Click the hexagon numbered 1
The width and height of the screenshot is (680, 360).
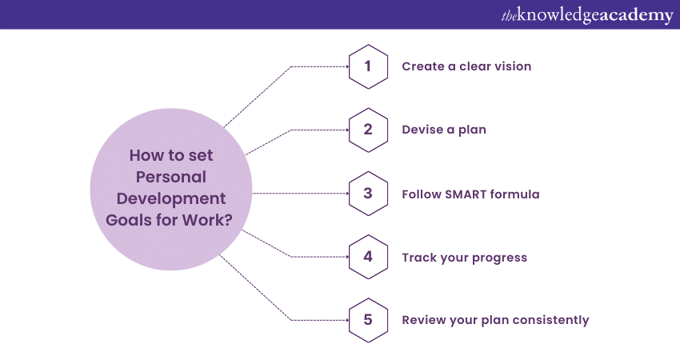(368, 66)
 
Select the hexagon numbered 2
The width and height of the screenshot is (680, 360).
(368, 130)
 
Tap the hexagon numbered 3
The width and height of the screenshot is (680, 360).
(368, 194)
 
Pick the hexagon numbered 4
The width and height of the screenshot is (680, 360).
(368, 257)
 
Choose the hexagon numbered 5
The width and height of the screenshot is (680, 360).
(368, 320)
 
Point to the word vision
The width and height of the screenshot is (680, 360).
(514, 66)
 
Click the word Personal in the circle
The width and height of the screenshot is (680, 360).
(171, 177)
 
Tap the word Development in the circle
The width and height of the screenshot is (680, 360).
(171, 199)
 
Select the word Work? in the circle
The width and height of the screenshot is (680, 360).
(207, 220)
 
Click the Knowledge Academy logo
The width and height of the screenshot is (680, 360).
(587, 15)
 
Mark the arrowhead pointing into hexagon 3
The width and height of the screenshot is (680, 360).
(347, 194)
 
